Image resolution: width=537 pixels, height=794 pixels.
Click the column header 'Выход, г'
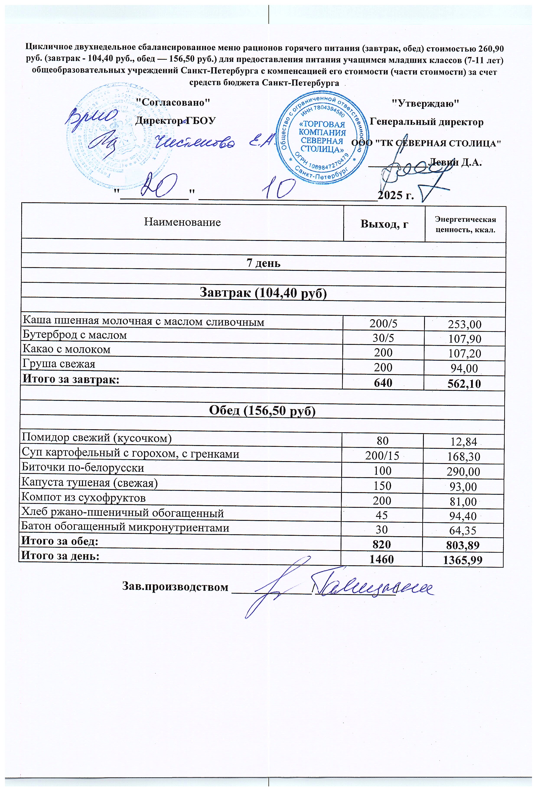point(384,224)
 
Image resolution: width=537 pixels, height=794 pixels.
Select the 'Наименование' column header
point(182,222)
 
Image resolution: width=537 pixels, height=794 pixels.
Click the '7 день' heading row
point(263,263)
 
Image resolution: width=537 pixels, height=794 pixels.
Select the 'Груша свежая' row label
point(59,364)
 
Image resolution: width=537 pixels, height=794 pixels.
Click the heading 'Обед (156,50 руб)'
point(262,411)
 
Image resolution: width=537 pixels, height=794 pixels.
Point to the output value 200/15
point(382,456)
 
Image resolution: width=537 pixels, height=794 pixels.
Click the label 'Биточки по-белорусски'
point(83,467)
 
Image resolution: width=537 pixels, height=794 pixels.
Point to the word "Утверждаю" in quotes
point(425,103)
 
